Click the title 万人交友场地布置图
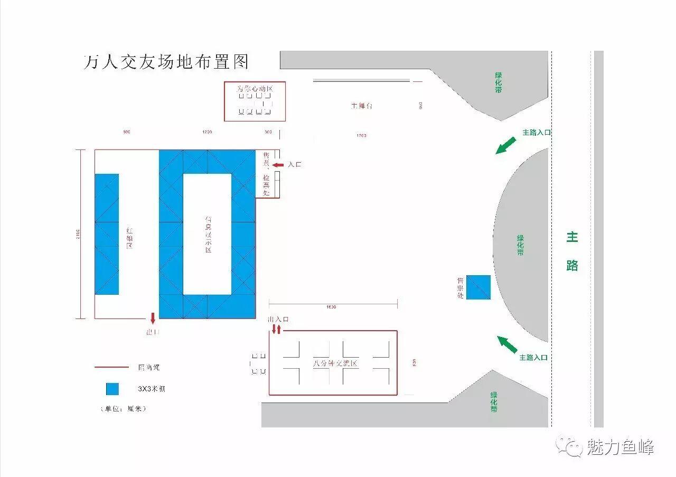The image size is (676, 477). tap(166, 62)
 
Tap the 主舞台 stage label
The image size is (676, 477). tap(362, 106)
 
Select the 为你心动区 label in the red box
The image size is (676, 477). tap(255, 89)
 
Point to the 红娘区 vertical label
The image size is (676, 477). tap(129, 238)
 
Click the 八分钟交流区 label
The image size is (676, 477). tap(335, 363)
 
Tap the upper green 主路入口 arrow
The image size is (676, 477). tap(505, 145)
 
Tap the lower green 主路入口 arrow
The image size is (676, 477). tap(508, 344)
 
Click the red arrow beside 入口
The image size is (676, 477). tap(278, 165)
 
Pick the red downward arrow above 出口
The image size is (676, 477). tap(153, 318)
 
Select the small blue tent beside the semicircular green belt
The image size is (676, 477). tap(478, 287)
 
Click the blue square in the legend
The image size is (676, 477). tap(112, 389)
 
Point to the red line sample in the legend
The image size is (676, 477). tap(111, 367)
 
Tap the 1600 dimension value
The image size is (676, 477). tap(331, 307)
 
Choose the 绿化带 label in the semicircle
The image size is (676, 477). tap(520, 245)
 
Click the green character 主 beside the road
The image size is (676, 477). tap(572, 237)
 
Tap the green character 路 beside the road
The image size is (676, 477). tap(572, 265)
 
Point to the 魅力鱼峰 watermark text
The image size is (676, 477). tap(620, 447)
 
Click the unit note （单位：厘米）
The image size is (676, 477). tap(122, 409)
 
